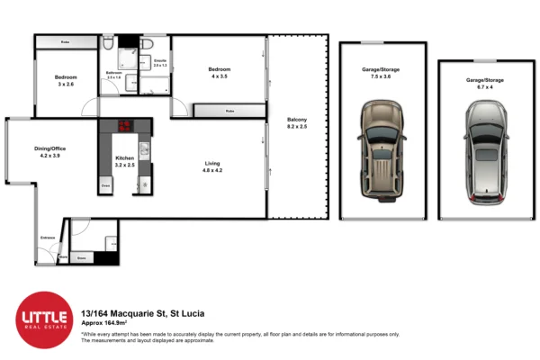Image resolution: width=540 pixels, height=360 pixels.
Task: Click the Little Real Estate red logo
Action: [x=44, y=319]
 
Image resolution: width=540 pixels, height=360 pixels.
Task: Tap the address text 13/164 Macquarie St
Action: [x=142, y=312]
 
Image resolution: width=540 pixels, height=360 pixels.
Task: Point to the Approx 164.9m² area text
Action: [x=105, y=321]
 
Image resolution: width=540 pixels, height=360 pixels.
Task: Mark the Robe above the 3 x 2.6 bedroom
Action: [x=66, y=42]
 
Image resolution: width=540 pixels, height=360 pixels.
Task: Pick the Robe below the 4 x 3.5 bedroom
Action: [x=230, y=111]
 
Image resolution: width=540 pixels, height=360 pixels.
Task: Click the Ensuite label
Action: [x=159, y=62]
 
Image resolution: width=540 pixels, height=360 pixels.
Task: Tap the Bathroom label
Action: [x=115, y=73]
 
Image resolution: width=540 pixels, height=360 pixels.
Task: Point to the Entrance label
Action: [x=47, y=238]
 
